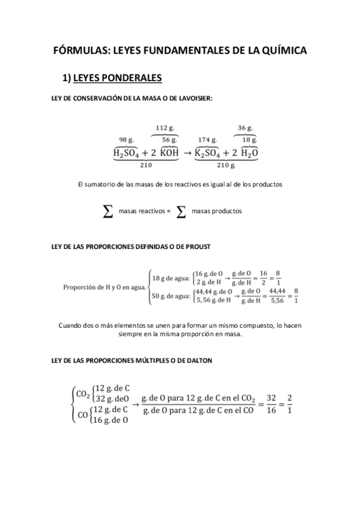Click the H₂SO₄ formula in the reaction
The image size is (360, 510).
pyautogui.click(x=126, y=153)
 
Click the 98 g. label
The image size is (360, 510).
pyautogui.click(x=126, y=140)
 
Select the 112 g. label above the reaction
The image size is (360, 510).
pyautogui.click(x=165, y=127)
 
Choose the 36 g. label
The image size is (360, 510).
pyautogui.click(x=245, y=127)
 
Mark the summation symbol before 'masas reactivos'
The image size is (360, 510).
pyautogui.click(x=108, y=211)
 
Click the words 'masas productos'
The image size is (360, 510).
pyautogui.click(x=217, y=212)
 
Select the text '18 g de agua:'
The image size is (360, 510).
pyautogui.click(x=171, y=278)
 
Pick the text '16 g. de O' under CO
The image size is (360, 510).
pyautogui.click(x=109, y=420)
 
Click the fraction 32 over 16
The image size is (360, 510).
pyautogui.click(x=270, y=404)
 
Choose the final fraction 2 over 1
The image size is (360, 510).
pyautogui.click(x=290, y=404)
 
